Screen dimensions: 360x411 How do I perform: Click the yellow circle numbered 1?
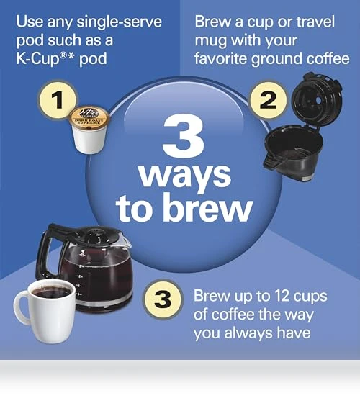[x=58, y=99]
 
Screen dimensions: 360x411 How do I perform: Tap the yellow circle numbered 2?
[x=268, y=100]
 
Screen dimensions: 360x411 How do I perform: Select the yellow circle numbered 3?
[x=163, y=299]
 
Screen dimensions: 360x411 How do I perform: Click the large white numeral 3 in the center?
[x=184, y=135]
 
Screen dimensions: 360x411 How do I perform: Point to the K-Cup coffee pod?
[x=89, y=130]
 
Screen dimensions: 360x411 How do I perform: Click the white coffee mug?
[x=45, y=311]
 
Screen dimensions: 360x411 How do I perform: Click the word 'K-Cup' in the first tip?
[x=37, y=58]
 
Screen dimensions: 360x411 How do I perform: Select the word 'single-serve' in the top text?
[x=120, y=22]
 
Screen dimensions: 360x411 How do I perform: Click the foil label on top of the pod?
[x=89, y=117]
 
